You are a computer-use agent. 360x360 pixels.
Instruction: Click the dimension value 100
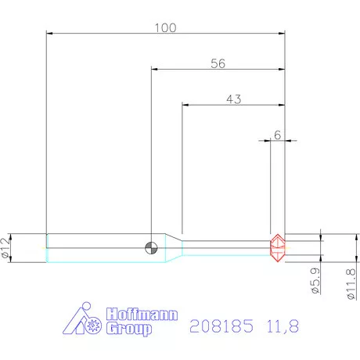(x=165, y=27)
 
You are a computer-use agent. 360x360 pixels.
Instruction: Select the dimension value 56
(x=218, y=63)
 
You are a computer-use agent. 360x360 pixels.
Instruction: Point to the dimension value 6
(x=278, y=134)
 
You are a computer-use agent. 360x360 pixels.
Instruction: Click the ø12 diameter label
(x=6, y=248)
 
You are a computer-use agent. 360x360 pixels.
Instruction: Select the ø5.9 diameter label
(x=314, y=279)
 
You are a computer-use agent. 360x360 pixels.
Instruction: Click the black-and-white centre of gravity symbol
(x=151, y=247)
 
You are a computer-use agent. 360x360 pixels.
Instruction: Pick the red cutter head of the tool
(x=277, y=247)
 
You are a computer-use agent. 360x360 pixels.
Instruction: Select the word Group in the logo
(x=129, y=329)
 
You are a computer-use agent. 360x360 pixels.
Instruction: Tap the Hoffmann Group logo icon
(x=85, y=321)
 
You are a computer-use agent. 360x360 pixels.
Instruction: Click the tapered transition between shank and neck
(x=174, y=247)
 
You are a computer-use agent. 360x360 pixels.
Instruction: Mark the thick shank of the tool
(x=94, y=247)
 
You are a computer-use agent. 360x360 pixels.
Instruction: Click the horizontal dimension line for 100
(x=102, y=34)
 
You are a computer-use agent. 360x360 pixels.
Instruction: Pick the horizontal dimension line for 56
(x=188, y=70)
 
